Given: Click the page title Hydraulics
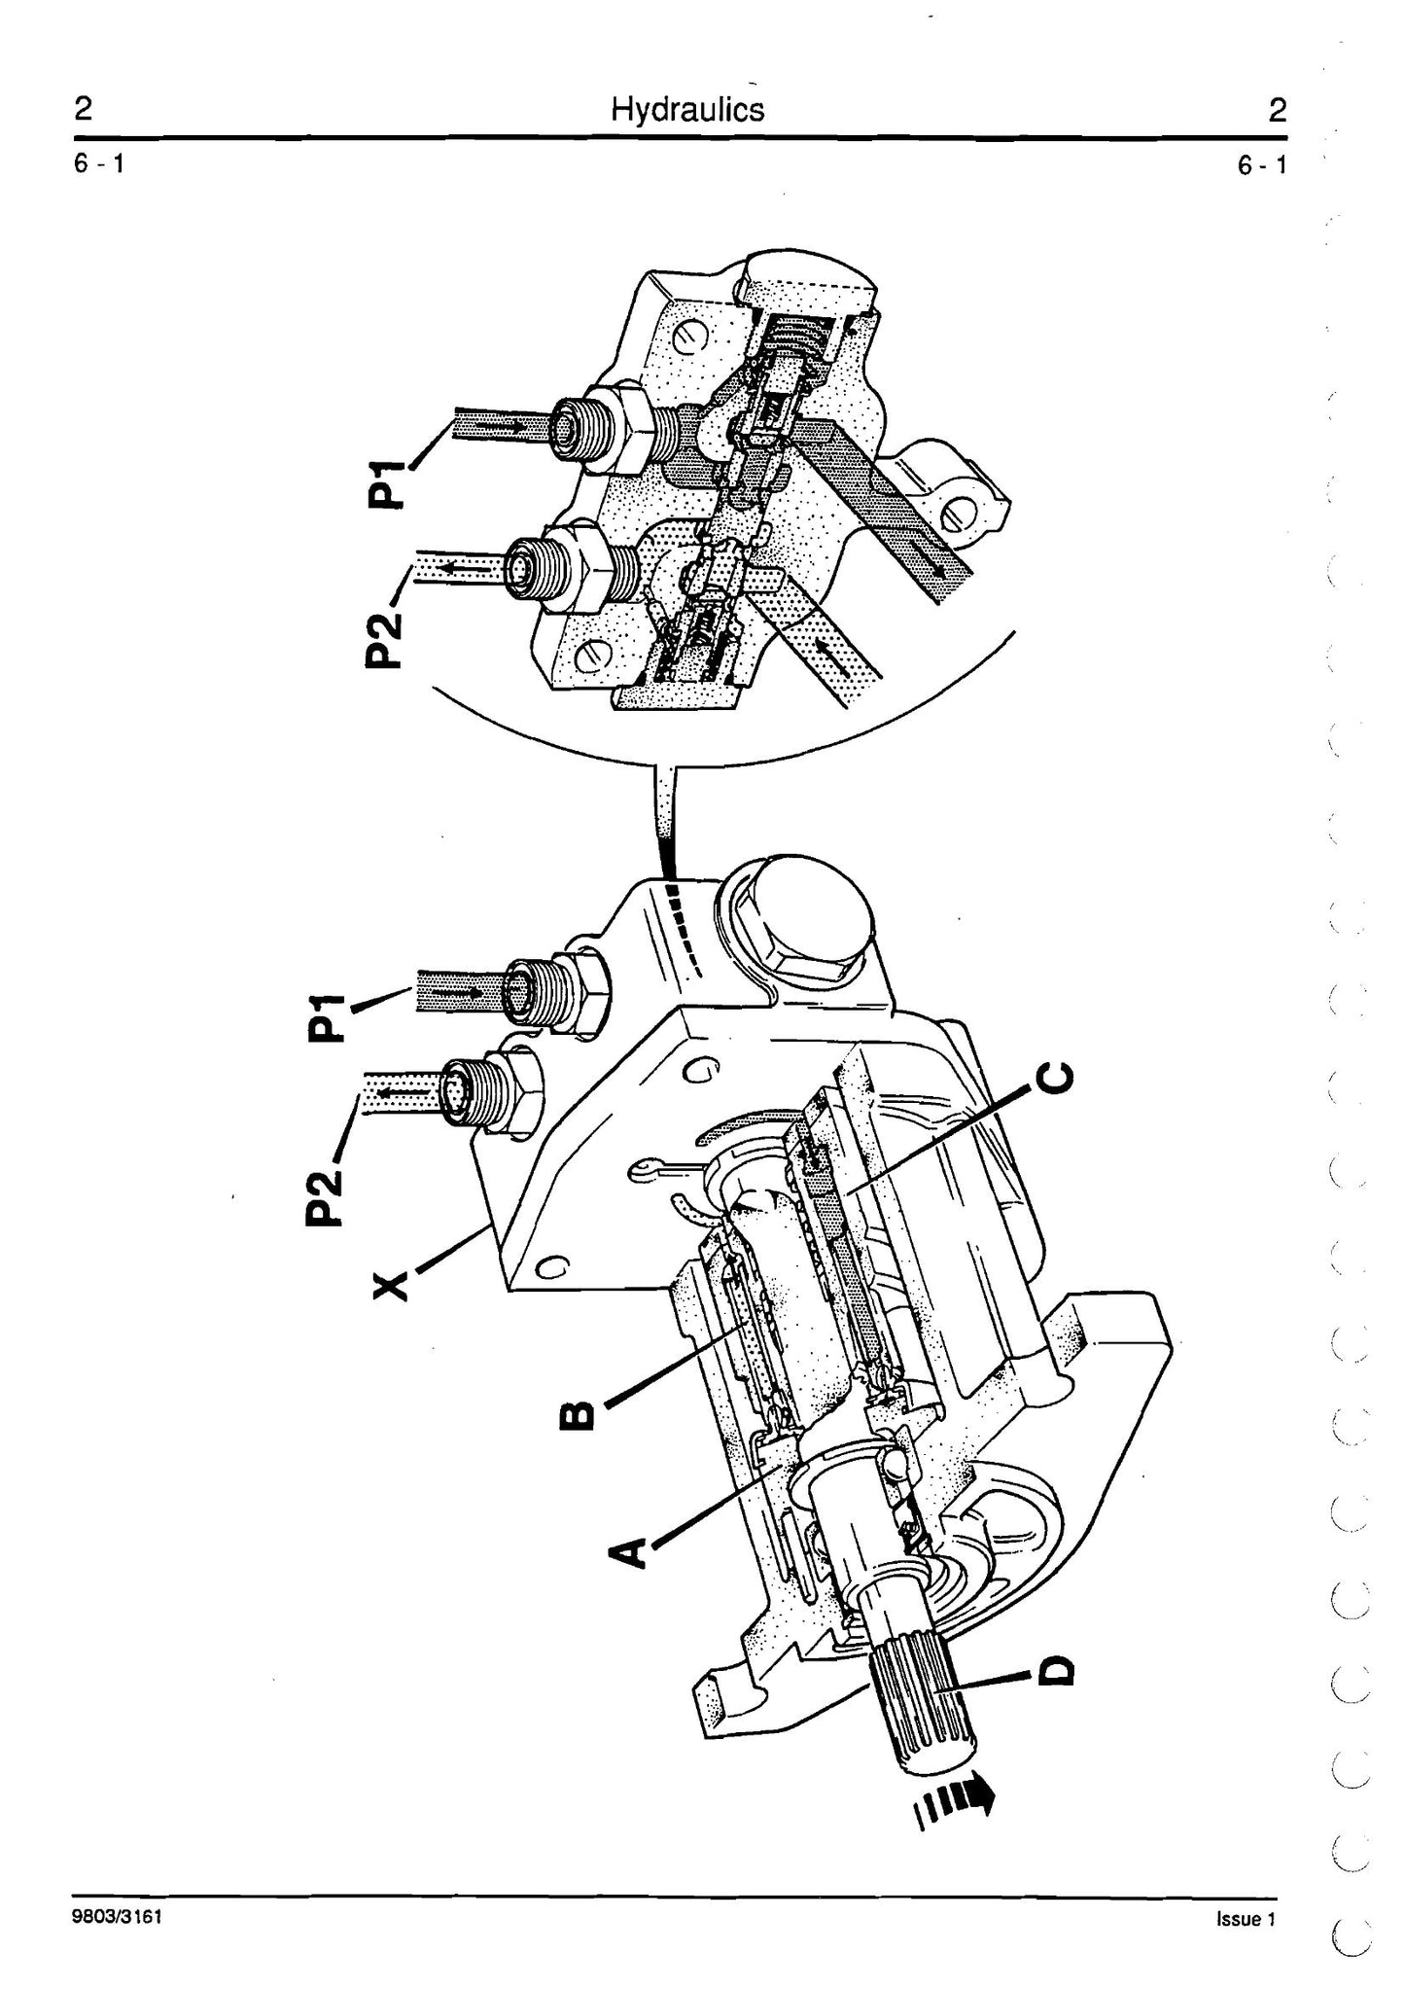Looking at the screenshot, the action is tap(687, 109).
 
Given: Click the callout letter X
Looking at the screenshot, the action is tap(389, 1287).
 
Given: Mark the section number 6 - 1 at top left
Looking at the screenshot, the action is tap(98, 164).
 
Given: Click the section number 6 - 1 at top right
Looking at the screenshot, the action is tap(1261, 165).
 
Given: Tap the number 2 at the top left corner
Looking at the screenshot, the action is tap(84, 109).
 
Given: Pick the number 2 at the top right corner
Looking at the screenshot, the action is tap(1276, 111).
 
